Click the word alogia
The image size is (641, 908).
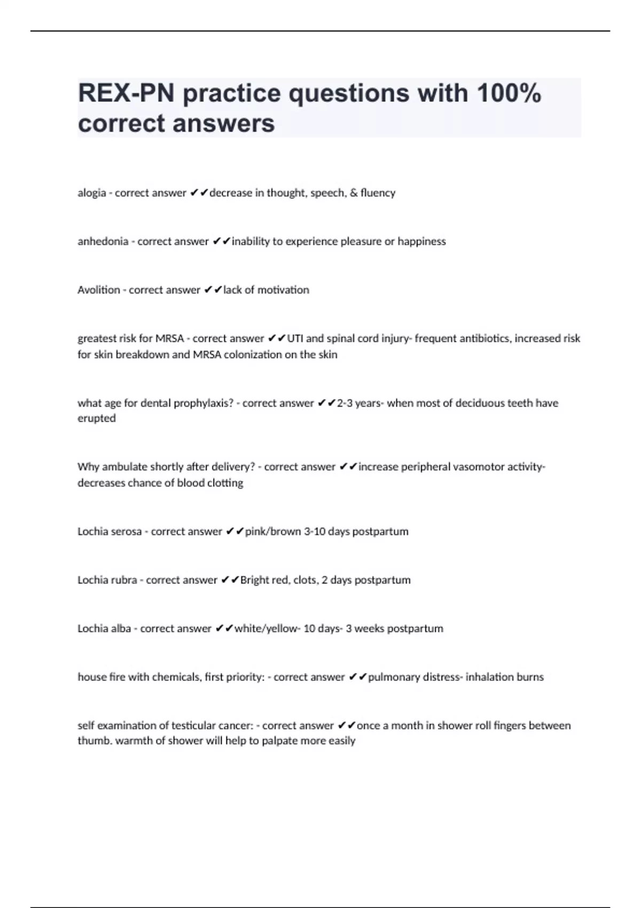pos(92,193)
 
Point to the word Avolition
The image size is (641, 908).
pos(99,290)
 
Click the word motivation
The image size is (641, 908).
pos(283,290)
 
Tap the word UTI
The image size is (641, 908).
pos(295,339)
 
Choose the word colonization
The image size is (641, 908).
pos(253,355)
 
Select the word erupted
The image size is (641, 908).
pos(97,419)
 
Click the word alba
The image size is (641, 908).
pos(121,629)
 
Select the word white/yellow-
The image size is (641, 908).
pos(267,629)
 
